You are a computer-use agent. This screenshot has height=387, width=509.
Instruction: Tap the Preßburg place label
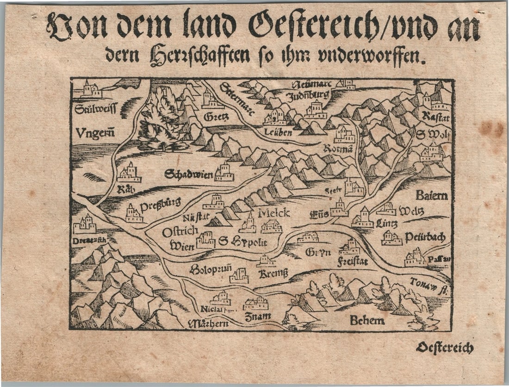(160, 204)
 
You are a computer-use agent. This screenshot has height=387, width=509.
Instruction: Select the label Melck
(273, 213)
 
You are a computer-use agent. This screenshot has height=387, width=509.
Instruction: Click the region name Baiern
(431, 195)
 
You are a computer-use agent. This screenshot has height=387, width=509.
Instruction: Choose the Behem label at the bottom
(367, 320)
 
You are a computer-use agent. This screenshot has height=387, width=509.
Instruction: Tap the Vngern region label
(95, 133)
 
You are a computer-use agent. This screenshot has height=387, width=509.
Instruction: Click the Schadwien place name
(188, 175)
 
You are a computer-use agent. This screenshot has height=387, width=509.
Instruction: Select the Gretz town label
(216, 117)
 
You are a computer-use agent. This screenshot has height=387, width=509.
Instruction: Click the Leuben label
(278, 132)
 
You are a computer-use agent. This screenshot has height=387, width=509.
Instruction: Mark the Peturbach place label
(425, 237)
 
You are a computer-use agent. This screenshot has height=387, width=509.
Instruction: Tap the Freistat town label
(353, 262)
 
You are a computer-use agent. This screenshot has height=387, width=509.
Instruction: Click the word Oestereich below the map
(444, 348)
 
